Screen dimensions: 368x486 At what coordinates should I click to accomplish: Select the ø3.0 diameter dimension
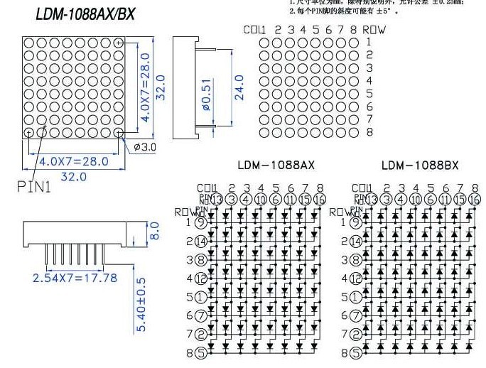click(x=144, y=146)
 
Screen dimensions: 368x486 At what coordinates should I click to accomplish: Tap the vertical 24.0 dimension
click(x=239, y=87)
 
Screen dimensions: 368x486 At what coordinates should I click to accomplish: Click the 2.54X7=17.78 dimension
click(x=75, y=277)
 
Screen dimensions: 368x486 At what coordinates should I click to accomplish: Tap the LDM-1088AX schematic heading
click(x=275, y=165)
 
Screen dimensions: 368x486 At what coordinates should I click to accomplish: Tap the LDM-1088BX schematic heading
click(x=420, y=165)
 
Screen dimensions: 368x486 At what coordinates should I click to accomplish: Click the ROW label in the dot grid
click(x=374, y=30)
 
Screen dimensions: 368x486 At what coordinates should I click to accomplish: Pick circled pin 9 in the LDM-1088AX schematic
click(x=201, y=222)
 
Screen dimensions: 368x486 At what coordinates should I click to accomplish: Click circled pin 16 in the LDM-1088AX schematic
click(x=320, y=200)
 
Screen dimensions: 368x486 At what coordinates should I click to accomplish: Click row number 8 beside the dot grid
click(x=369, y=132)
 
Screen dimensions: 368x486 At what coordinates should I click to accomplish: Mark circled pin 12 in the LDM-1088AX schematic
click(x=201, y=278)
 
